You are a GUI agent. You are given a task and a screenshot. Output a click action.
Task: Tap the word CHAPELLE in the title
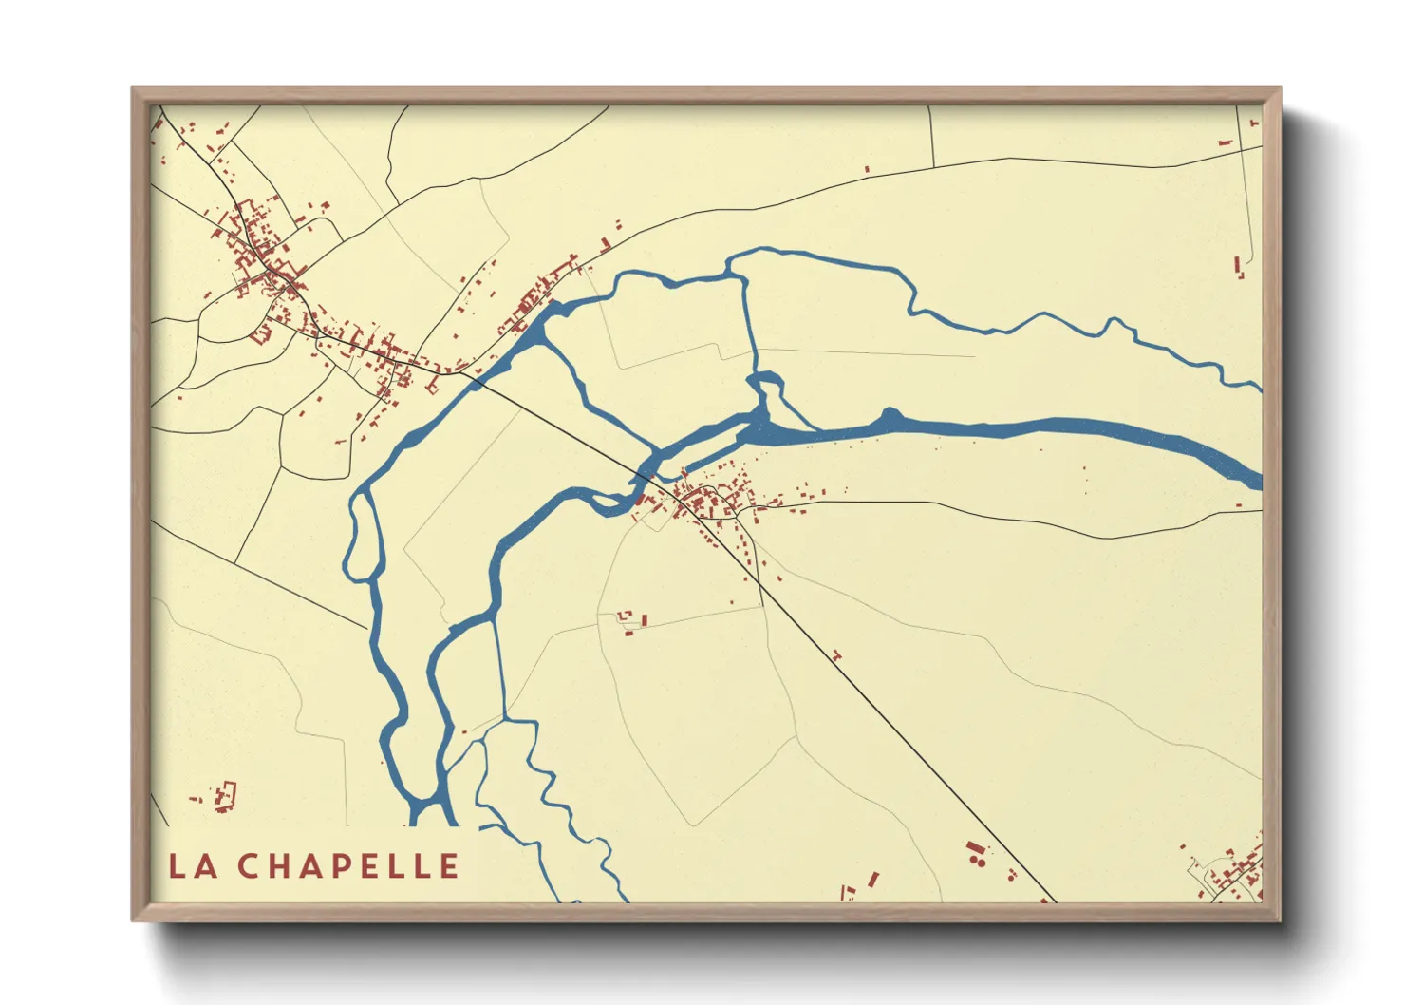348,866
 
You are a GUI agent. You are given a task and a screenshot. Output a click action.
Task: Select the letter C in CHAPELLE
249,866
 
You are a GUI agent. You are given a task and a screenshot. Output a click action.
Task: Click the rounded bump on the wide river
890,415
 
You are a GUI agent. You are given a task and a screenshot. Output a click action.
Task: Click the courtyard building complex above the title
225,796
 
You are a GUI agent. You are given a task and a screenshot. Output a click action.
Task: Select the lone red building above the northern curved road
867,170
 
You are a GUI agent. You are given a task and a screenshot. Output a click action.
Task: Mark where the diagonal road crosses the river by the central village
647,471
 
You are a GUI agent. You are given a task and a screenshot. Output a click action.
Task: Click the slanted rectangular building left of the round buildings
873,879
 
